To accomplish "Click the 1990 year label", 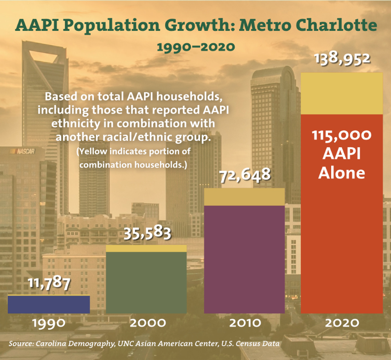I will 49,322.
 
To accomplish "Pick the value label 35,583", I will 147,233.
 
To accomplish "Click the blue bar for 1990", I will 49,304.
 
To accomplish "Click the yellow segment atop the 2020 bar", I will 342,93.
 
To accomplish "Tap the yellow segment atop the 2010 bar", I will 244,197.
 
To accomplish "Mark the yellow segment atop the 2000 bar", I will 146,249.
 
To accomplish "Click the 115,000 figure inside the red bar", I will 342,135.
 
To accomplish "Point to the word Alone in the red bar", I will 342,173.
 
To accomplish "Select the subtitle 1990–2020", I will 196,47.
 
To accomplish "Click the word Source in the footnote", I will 22,344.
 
